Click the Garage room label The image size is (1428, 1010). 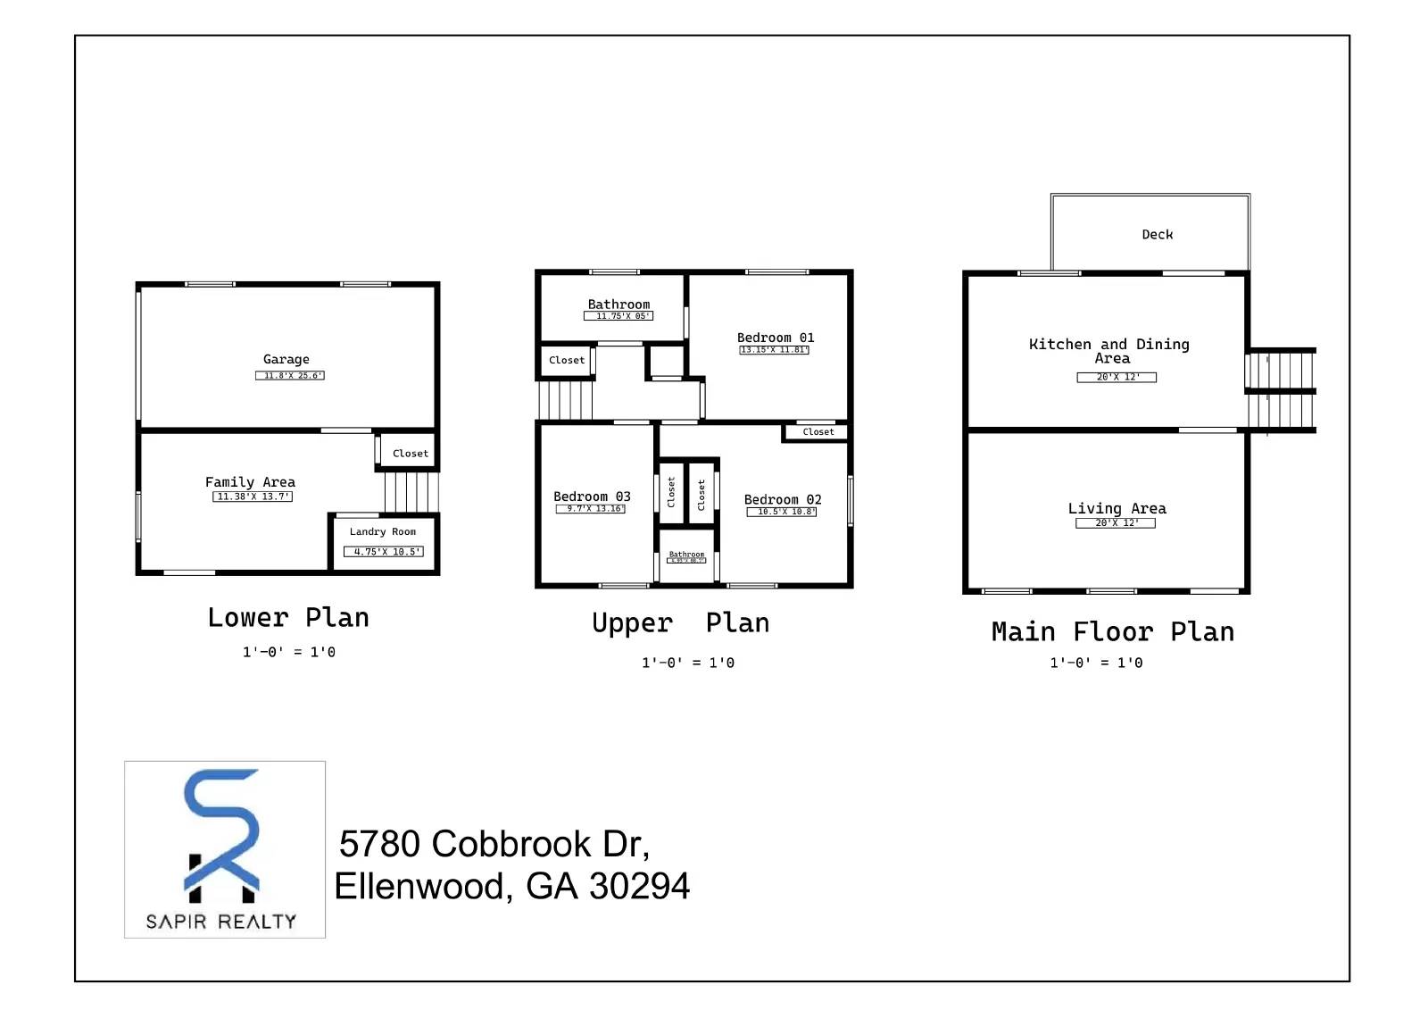pos(286,359)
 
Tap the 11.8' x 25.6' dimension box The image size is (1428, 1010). pos(290,376)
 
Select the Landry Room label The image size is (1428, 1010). pos(382,531)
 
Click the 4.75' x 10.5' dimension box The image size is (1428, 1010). pos(384,552)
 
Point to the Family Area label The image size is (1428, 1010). pos(250,482)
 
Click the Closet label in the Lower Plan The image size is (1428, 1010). pos(411,454)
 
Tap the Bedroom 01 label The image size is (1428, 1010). pos(776,338)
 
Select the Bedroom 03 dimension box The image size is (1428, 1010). pos(591,509)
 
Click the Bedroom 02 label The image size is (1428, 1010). pos(783,500)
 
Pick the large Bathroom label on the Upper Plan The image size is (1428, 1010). pos(619,305)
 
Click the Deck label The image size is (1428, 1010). pos(1158,235)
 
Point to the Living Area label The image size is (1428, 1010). pos(1117,508)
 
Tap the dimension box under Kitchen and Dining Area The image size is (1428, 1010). pos(1117,378)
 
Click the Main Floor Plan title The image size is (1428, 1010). pos(1113,632)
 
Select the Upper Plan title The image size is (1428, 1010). pos(680,622)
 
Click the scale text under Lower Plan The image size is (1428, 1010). pos(289,653)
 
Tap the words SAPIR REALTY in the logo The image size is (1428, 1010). pos(221,922)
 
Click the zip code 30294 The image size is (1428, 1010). pos(639,887)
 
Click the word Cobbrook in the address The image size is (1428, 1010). pos(512,844)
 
